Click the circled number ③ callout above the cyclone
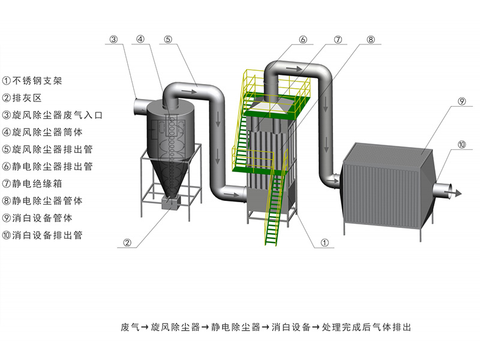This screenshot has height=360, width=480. [x=114, y=39]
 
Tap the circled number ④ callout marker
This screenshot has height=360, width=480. [x=140, y=39]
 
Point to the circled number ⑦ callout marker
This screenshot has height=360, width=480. [x=338, y=39]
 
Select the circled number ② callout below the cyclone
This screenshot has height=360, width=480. [x=127, y=243]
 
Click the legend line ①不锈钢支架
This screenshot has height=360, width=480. [x=37, y=79]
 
